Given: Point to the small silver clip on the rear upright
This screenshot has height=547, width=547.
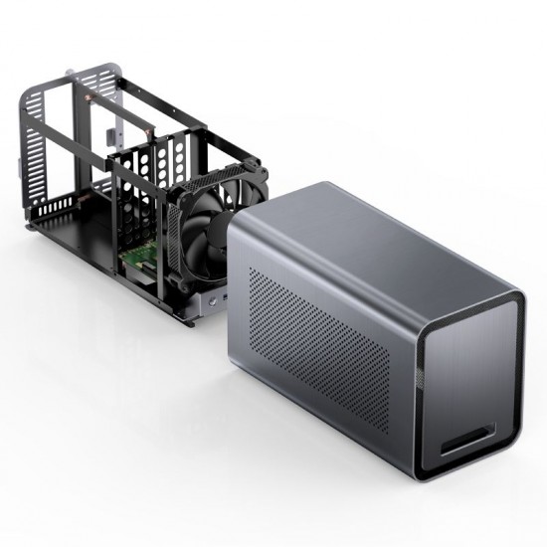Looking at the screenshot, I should pos(107,134).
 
